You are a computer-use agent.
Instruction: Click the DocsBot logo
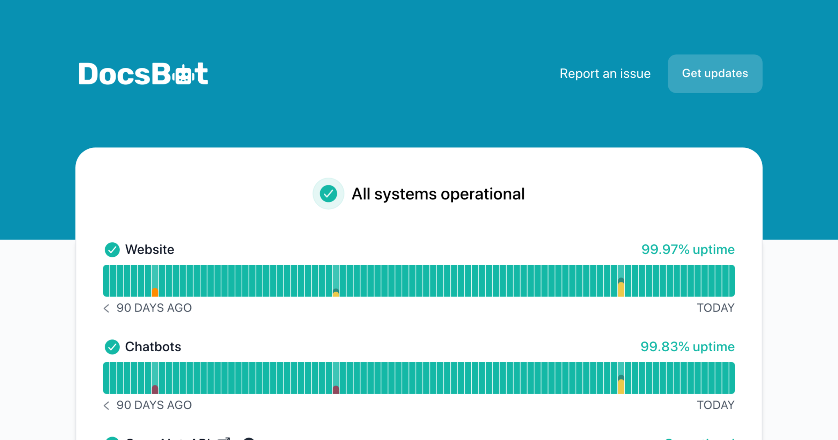coord(143,74)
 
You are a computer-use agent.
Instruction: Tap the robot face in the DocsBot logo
coord(184,74)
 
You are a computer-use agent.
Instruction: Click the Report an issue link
coord(605,74)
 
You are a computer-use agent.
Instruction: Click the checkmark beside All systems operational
coord(328,194)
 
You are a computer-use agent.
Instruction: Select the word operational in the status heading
coord(483,194)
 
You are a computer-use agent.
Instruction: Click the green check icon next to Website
coord(112,250)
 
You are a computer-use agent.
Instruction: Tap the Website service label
coord(149,250)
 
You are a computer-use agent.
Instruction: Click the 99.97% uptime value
coord(688,250)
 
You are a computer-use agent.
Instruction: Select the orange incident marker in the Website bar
coord(155,292)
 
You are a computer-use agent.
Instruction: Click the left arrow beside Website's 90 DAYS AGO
coord(106,308)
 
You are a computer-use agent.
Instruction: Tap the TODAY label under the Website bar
coord(715,308)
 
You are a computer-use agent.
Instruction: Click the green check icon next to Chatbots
coord(112,347)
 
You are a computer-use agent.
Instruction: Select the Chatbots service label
coord(153,347)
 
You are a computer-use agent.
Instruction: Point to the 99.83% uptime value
coord(687,347)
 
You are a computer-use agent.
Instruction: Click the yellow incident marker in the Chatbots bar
coord(621,386)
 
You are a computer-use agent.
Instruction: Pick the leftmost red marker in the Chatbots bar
coord(155,389)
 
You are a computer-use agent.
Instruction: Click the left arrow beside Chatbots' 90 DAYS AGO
coord(106,405)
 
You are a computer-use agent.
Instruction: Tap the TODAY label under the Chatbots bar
coord(715,405)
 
